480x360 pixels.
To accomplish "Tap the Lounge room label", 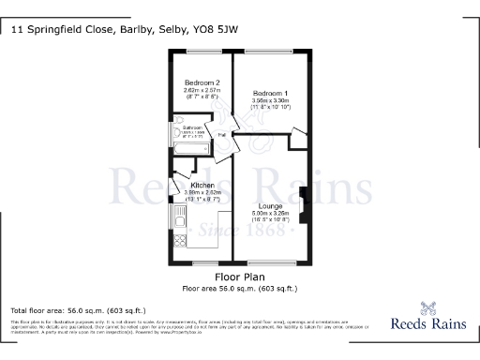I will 272,205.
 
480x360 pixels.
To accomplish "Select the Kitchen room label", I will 190,186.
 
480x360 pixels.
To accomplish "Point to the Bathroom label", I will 193,127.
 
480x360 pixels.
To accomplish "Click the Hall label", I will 223,134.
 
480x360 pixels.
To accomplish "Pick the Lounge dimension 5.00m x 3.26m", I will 272,213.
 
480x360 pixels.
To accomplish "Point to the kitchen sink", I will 176,221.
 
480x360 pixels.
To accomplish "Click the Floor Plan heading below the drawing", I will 239,277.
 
